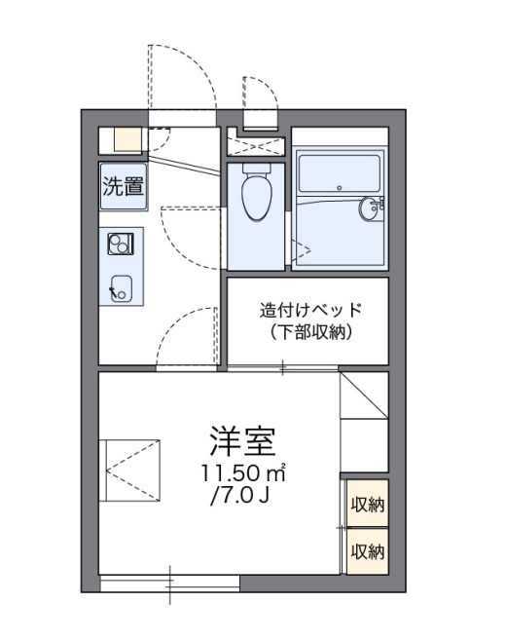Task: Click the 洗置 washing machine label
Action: coord(123,186)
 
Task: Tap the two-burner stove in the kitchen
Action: coord(121,244)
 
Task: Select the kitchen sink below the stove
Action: coord(123,286)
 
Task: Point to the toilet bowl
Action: coord(257,195)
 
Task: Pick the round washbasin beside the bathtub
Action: coord(371,208)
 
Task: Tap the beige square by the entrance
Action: coord(126,138)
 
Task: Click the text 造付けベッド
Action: coord(311,312)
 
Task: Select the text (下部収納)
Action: coord(311,333)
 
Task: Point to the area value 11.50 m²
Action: coord(243,474)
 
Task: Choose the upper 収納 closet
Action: coord(368,505)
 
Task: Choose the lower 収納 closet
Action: coord(368,551)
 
